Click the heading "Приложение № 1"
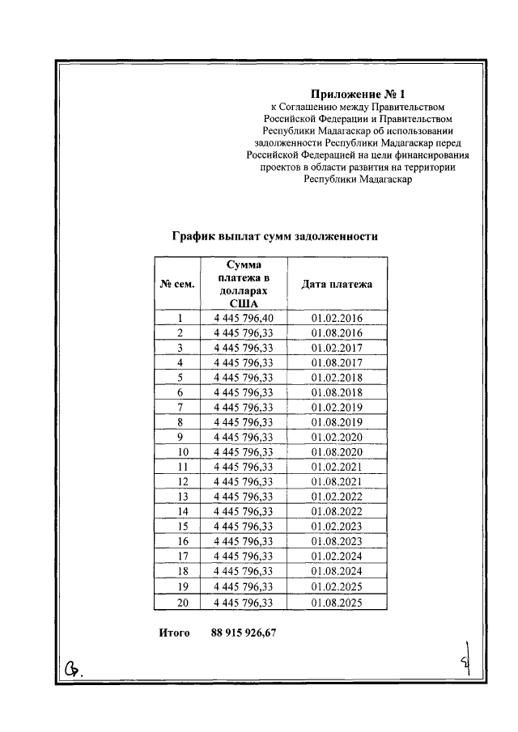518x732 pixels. tap(357, 93)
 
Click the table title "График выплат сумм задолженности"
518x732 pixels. tap(275, 237)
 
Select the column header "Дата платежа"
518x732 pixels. tap(337, 285)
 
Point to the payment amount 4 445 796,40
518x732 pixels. tap(244, 319)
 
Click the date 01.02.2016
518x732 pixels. tap(337, 319)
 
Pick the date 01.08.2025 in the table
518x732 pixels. tap(337, 603)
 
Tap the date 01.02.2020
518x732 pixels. tap(337, 438)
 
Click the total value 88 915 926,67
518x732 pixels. tap(244, 633)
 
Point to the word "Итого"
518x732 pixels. tap(174, 633)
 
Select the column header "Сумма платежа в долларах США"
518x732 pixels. tap(244, 285)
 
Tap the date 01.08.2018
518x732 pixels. tap(337, 393)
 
